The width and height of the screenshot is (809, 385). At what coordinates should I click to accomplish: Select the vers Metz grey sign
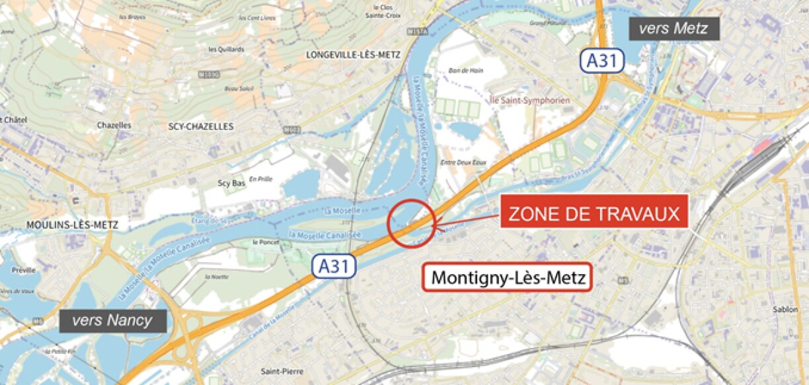pos(674,28)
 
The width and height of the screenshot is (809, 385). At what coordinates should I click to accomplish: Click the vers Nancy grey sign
pos(112,322)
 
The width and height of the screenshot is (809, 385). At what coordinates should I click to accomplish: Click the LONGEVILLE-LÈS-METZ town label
pos(353,55)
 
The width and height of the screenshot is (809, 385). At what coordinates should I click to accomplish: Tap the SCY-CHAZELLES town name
pos(201,126)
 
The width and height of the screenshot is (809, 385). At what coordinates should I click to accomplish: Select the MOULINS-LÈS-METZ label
pos(72,225)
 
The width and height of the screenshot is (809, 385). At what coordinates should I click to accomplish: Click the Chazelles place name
pos(114,125)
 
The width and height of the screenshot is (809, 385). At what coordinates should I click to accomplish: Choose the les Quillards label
pos(226,49)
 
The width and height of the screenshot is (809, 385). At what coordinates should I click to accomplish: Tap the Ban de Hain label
pos(462,70)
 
